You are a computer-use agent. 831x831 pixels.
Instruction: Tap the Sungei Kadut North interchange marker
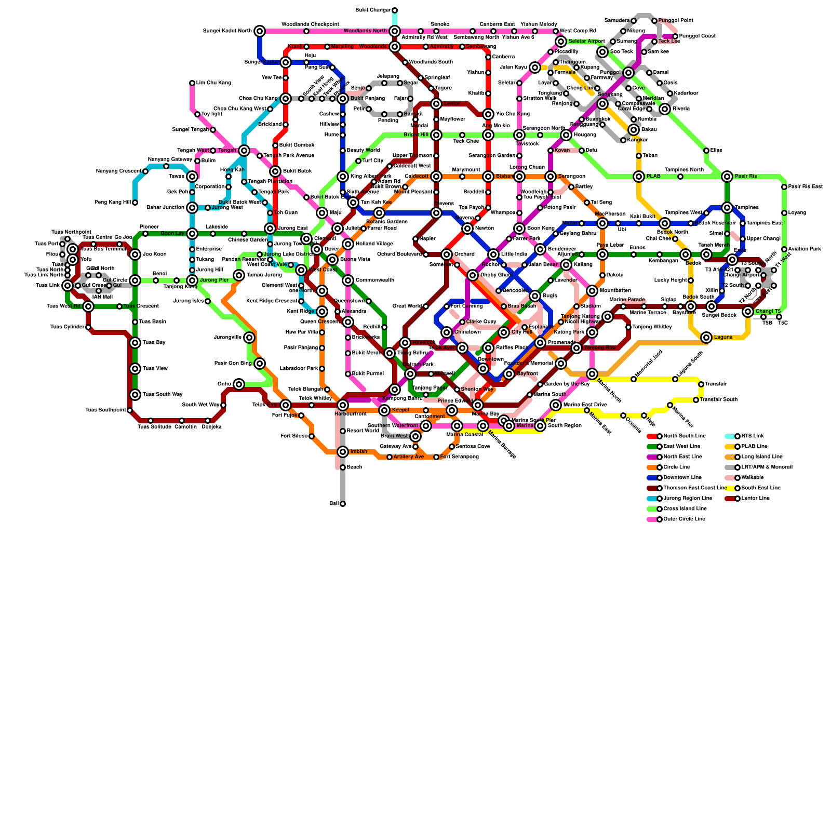[260, 31]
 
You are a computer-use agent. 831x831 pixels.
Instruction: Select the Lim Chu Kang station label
[213, 83]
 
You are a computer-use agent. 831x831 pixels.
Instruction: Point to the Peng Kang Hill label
[113, 203]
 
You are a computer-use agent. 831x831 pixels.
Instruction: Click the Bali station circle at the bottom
[343, 504]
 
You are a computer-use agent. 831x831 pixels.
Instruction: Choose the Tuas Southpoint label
[105, 410]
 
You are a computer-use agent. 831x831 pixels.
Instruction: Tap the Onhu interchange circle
[239, 384]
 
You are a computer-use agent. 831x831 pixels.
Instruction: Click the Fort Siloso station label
[293, 436]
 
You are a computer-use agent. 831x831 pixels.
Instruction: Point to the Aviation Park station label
[805, 249]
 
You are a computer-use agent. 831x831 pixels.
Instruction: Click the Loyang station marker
[784, 213]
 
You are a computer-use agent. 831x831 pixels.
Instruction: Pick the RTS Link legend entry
[751, 436]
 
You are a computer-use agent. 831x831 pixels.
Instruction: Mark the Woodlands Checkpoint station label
[310, 24]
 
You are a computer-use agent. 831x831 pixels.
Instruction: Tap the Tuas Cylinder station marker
[88, 327]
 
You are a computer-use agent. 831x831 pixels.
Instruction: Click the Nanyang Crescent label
[119, 171]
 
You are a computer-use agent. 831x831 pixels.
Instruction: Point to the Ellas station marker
[706, 151]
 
